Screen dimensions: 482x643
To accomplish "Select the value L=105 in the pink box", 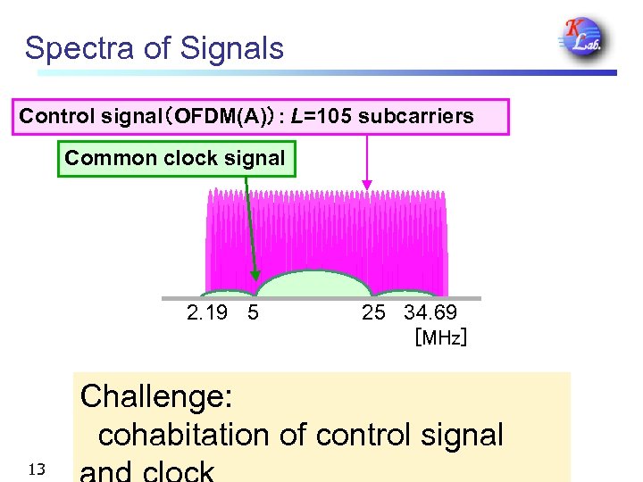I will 322,116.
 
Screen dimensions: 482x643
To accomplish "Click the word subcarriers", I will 416,116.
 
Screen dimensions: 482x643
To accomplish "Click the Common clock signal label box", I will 176,159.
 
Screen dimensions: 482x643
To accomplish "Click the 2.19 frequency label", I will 207,312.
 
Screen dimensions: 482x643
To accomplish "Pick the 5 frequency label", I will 254,312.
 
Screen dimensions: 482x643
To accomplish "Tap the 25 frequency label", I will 373,312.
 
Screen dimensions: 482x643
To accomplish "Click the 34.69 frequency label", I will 430,312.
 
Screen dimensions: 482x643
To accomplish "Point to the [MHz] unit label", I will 440,338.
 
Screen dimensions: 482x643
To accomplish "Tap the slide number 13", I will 36,470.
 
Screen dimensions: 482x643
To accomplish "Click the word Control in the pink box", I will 57,116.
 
